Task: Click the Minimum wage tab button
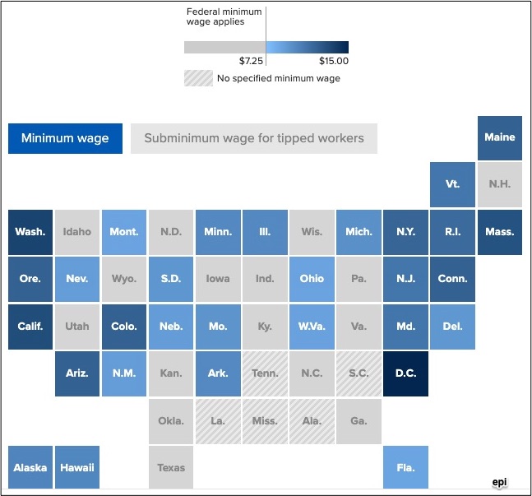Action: [x=65, y=138]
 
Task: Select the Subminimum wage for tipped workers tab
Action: [x=254, y=138]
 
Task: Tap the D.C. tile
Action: [x=406, y=373]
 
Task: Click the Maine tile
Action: [x=500, y=138]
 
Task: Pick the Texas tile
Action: [x=171, y=467]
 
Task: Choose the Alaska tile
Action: [x=30, y=467]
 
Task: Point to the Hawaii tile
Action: [x=77, y=467]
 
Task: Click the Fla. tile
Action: [x=406, y=467]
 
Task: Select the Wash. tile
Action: [x=30, y=232]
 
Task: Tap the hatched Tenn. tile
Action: [x=265, y=373]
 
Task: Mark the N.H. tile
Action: [x=500, y=184]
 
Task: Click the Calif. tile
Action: [x=30, y=327]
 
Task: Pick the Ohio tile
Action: [x=312, y=279]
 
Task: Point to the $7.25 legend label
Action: [x=251, y=61]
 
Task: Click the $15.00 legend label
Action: [x=334, y=61]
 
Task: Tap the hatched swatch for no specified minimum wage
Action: [x=198, y=78]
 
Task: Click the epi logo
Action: [x=499, y=482]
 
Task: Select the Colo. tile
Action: [x=124, y=327]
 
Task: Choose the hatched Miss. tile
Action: [x=265, y=421]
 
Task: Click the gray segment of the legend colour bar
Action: [x=225, y=47]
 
